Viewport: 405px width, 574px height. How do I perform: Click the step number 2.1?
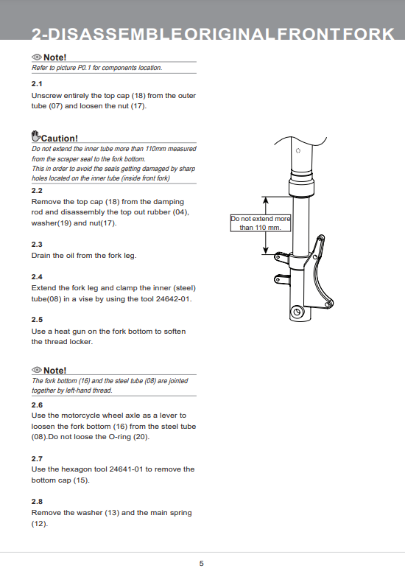click(x=37, y=84)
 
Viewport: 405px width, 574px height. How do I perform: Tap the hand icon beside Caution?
click(x=36, y=136)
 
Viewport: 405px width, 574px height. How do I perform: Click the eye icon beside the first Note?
click(x=37, y=57)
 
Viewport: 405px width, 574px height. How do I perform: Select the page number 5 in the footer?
click(x=201, y=564)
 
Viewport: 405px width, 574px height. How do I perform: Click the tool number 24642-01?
click(x=173, y=298)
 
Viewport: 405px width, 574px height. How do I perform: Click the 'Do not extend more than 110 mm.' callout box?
click(x=261, y=223)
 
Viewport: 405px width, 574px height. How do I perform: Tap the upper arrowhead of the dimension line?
click(x=266, y=200)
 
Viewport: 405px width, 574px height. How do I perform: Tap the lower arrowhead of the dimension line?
click(x=266, y=250)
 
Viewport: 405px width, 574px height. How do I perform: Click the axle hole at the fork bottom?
click(x=297, y=312)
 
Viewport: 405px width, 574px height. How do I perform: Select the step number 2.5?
click(x=37, y=320)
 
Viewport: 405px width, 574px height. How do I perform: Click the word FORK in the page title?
click(x=368, y=34)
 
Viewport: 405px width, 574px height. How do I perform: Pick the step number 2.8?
click(x=37, y=502)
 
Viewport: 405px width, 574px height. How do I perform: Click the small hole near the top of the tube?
click(x=298, y=150)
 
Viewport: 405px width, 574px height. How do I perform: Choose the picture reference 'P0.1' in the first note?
click(x=84, y=68)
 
